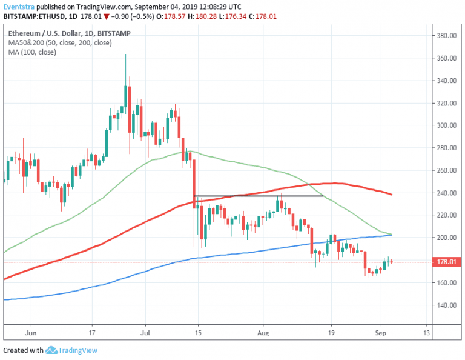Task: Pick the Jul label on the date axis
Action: (145, 333)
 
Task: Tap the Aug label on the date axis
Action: (262, 333)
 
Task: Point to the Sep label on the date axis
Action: (380, 333)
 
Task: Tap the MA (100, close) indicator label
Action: (32, 52)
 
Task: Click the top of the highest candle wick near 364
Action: (125, 55)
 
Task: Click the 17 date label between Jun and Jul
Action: (91, 333)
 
